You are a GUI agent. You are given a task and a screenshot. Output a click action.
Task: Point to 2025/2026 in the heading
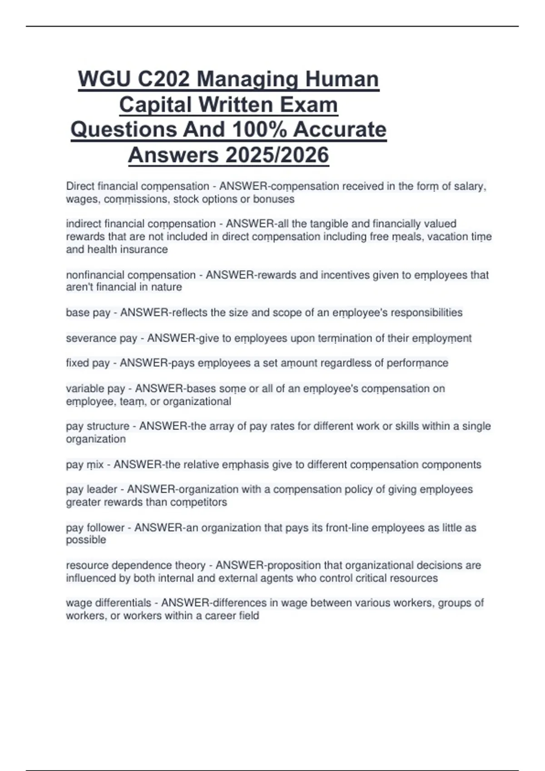pyautogui.click(x=277, y=155)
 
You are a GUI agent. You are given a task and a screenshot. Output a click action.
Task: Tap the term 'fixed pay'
pyautogui.click(x=88, y=363)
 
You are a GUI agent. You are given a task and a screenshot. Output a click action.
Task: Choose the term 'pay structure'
pyautogui.click(x=98, y=426)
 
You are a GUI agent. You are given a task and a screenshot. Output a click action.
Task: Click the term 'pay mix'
pyautogui.click(x=85, y=465)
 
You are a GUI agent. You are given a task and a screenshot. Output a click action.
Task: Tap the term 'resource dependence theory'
pyautogui.click(x=136, y=566)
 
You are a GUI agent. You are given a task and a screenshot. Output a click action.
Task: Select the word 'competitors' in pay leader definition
pyautogui.click(x=199, y=503)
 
